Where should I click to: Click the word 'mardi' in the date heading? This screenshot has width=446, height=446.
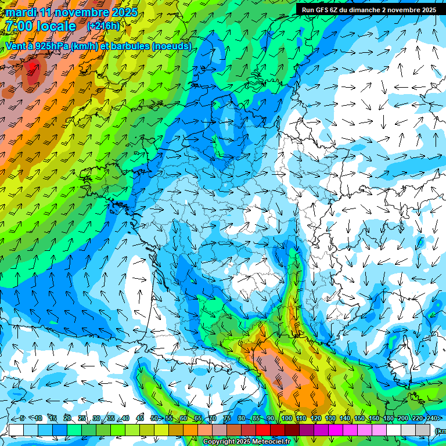[21, 12]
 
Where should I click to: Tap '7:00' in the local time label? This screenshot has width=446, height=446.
[19, 26]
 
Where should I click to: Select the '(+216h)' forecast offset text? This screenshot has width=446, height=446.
[103, 26]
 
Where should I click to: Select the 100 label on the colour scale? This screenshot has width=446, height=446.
[286, 419]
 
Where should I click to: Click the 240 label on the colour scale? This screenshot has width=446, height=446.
[431, 419]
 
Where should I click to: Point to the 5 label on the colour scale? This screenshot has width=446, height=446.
[21, 419]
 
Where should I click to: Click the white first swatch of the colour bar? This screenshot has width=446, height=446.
[16, 430]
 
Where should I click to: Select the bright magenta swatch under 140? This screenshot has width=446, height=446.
[336, 430]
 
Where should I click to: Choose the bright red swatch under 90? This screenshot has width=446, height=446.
[263, 430]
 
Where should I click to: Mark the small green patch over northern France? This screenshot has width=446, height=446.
[218, 146]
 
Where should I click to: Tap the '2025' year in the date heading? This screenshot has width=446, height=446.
[121, 12]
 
